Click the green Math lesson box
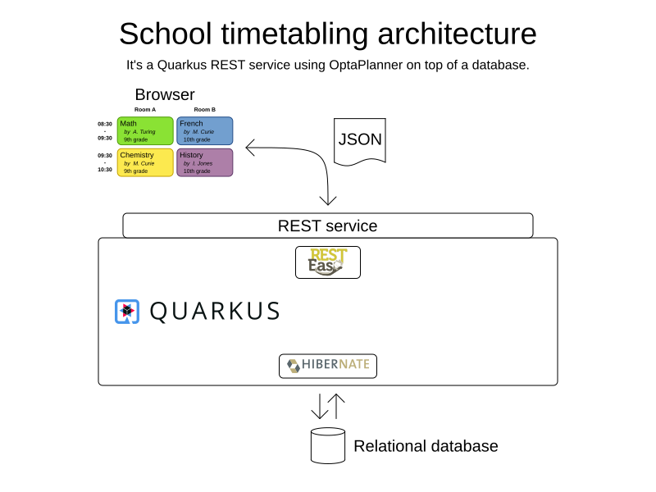point(145,131)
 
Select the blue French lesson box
point(204,131)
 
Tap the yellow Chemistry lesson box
point(145,162)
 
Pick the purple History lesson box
point(204,162)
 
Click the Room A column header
point(145,110)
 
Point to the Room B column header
point(204,110)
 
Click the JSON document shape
point(360,141)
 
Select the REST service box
point(328,225)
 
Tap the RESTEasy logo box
point(328,262)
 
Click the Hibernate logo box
point(328,366)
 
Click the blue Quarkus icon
point(127,312)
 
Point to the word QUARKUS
point(215,312)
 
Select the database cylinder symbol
point(328,445)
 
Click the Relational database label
point(426,446)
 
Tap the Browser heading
point(165,94)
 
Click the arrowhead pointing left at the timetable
point(250,148)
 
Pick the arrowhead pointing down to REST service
point(328,200)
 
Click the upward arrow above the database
point(336,406)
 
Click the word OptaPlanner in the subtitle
point(366,66)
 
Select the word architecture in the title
point(458,34)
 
